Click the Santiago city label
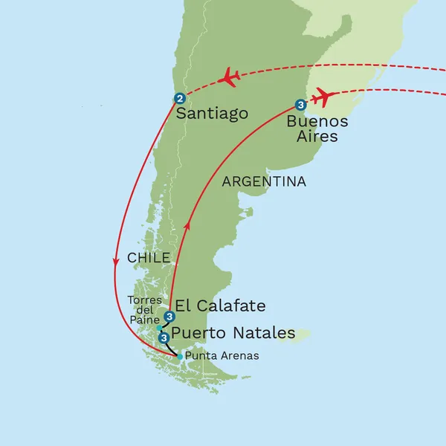pos(213,114)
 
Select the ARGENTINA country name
pos(265,181)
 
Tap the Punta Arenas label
pos(222,356)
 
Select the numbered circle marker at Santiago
pos(179,98)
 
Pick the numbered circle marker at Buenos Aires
pos(300,105)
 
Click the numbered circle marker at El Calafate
pos(170,316)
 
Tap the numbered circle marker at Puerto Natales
pos(164,337)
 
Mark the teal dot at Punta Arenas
pos(180,357)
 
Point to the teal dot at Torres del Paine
pos(159,327)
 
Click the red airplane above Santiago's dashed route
pos(230,77)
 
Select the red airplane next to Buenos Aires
pos(322,97)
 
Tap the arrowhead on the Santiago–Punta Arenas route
pos(116,262)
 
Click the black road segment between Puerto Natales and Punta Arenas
pos(171,349)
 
